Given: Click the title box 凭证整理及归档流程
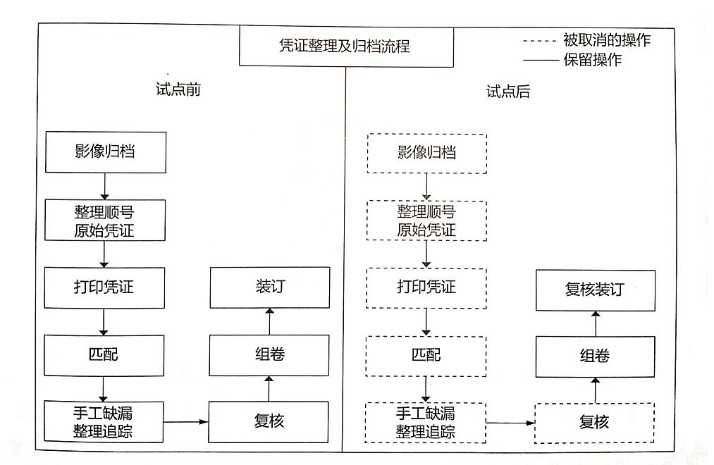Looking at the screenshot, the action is [346, 46].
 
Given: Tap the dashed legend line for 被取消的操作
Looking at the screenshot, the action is [540, 41].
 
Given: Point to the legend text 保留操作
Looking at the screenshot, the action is [593, 60].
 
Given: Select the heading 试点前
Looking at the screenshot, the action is [178, 89].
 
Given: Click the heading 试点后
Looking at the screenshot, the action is [508, 92].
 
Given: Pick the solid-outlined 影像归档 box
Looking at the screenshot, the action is [106, 152].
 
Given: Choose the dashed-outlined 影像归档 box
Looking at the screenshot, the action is [427, 154].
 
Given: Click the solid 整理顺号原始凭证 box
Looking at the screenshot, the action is [105, 221].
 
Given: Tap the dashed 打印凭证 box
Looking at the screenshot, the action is [426, 288].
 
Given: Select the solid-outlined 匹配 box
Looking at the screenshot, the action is [104, 355].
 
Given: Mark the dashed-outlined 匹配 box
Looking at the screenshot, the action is [426, 356].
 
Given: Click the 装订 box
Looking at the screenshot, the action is [269, 287].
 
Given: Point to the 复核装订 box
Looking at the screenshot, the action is [595, 290].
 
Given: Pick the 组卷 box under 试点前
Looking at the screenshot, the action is [269, 355].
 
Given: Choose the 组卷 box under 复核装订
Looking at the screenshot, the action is [595, 356].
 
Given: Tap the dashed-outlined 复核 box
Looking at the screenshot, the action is [594, 423].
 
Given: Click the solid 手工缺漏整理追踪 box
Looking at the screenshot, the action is [104, 421].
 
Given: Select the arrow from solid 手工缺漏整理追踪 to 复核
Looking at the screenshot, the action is [186, 422].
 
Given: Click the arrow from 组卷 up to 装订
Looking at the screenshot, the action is [269, 322].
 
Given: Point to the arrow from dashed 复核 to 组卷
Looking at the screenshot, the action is [595, 390].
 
